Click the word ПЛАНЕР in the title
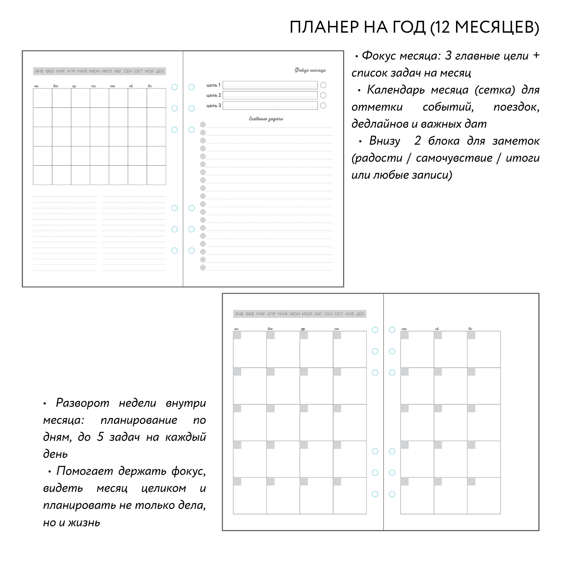coord(324,27)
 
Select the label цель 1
coord(213,85)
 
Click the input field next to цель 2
coord(270,95)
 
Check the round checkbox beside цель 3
coord(323,106)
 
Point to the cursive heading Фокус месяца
coord(310,70)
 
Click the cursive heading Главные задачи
coord(266,119)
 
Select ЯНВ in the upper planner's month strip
coord(39,71)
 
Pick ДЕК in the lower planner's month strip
coord(360,314)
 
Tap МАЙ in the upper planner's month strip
coord(82,71)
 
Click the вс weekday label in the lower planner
coord(470,329)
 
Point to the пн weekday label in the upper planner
coord(36,86)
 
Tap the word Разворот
coord(82,403)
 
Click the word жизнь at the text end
coord(84,522)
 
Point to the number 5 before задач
coord(100,437)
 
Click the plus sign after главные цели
coord(536,55)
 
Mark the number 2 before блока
coord(418,141)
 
